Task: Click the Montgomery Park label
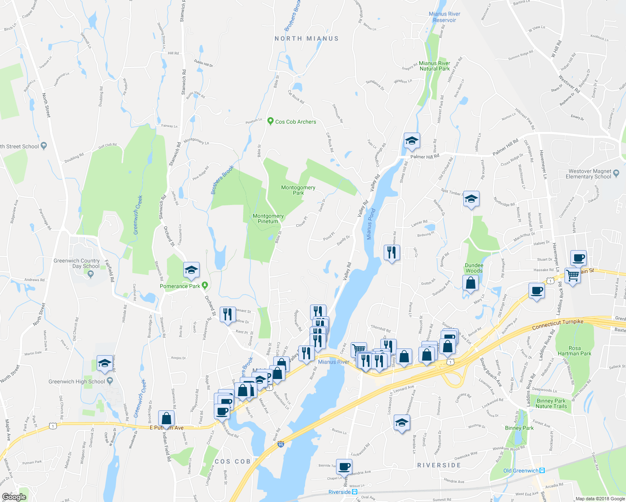click(x=298, y=190)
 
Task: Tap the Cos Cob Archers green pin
click(x=270, y=121)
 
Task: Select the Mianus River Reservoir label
click(x=444, y=17)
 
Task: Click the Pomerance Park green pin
click(x=205, y=285)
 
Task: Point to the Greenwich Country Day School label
click(x=77, y=264)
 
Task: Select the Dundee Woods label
click(x=474, y=268)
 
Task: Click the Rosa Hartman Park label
click(x=574, y=351)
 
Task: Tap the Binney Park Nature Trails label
click(x=551, y=403)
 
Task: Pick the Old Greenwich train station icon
click(x=542, y=471)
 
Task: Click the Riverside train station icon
click(x=354, y=492)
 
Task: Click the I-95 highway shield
click(x=281, y=445)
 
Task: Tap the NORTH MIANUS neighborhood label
click(x=306, y=38)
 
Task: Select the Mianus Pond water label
click(x=370, y=224)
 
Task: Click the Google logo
click(x=14, y=497)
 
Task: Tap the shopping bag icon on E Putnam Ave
click(x=166, y=418)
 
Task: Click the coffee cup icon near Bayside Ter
click(x=344, y=466)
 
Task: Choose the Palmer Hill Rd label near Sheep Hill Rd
click(x=425, y=156)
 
